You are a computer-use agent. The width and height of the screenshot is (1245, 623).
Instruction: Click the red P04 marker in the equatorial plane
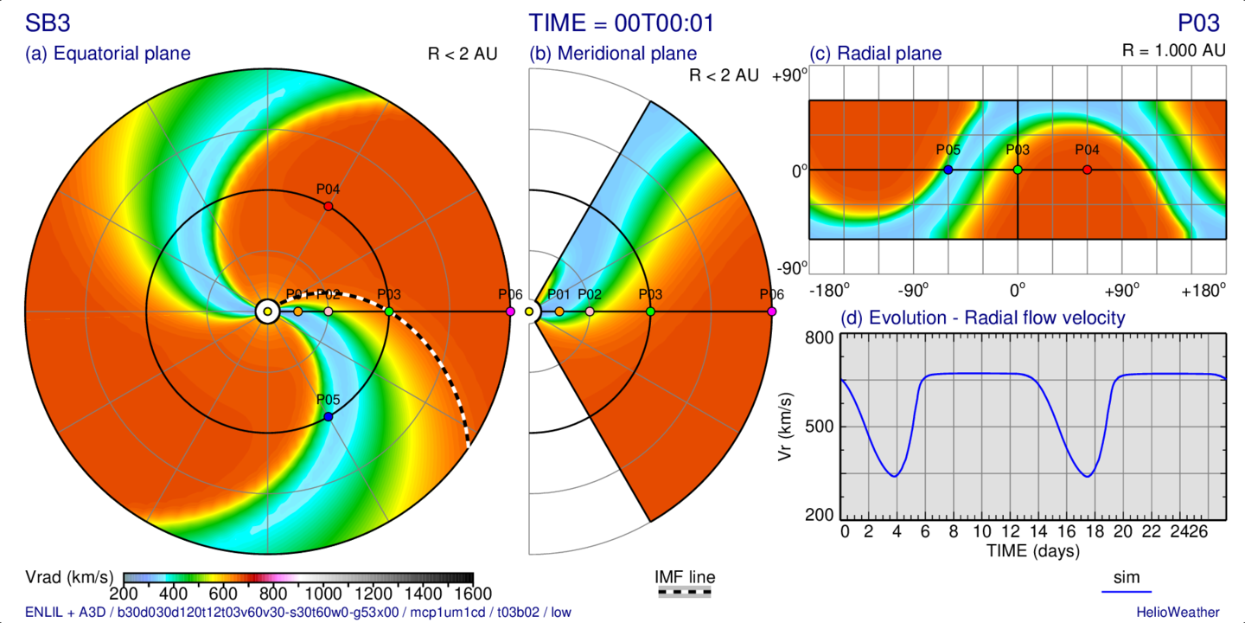pos(328,206)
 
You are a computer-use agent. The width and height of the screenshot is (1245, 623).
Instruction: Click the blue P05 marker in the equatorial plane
pos(328,416)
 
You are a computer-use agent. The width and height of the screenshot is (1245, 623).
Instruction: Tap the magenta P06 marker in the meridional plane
pos(771,311)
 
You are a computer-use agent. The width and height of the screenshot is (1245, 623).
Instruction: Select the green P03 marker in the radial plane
pos(1018,170)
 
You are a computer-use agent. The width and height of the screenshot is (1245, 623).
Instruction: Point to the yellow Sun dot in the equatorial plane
pos(267,311)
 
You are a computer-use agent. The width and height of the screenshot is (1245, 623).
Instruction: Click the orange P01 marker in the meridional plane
pos(559,311)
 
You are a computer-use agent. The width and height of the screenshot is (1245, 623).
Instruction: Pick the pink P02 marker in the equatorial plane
pos(328,311)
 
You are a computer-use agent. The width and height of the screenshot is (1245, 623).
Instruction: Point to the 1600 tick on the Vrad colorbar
pos(473,594)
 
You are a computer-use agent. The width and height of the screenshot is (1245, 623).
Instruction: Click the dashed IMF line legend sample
pos(685,593)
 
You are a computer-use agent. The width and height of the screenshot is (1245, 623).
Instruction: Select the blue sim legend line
pos(1127,592)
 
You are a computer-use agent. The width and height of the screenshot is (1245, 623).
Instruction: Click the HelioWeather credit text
pos(1178,613)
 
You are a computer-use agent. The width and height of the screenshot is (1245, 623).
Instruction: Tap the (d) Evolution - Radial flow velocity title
pos(983,318)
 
